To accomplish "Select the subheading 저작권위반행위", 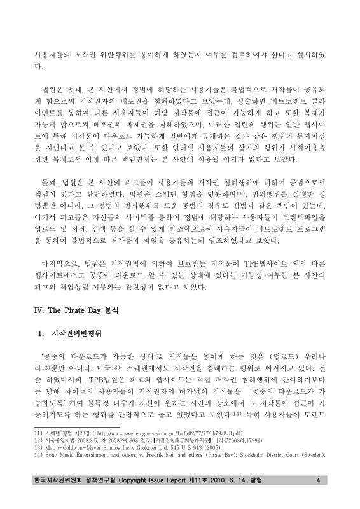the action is pos(75,333).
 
